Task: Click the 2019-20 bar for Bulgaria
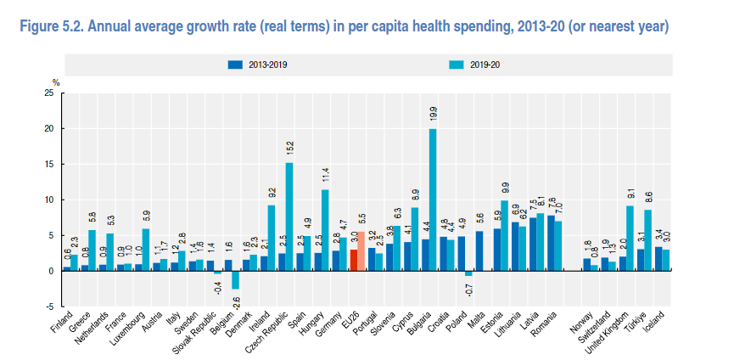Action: tap(433, 200)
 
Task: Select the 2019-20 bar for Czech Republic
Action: tap(289, 217)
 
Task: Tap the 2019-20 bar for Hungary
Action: tap(325, 230)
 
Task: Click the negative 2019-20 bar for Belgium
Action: tap(235, 280)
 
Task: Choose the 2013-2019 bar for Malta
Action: tap(479, 251)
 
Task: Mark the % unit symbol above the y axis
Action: tap(55, 82)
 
